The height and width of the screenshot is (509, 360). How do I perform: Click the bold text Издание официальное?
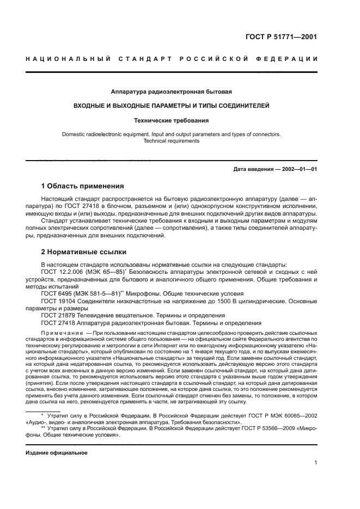57,453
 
